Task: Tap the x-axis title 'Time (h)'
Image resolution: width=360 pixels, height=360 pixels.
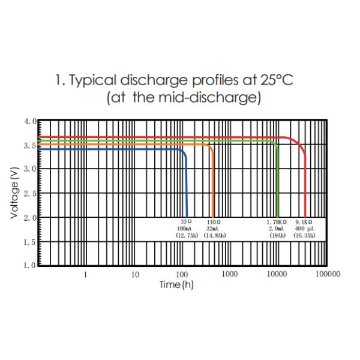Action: coord(176,284)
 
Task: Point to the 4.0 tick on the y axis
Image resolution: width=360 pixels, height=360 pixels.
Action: coord(30,121)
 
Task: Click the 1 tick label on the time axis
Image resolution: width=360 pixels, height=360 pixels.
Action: coord(85,274)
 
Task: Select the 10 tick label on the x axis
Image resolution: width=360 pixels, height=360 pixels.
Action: coord(135,274)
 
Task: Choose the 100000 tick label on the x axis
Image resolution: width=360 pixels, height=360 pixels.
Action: coord(328,274)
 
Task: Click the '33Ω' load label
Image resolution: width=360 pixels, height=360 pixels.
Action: coord(186,222)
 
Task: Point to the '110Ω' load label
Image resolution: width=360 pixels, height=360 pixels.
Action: coord(214,222)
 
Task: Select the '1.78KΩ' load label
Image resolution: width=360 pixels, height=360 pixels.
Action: coord(277,222)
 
